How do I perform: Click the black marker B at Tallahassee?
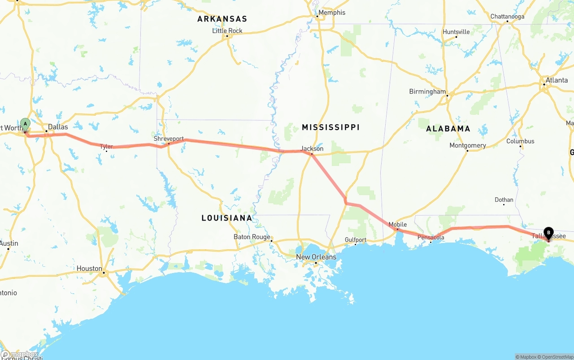[548, 233]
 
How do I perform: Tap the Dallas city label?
[58, 127]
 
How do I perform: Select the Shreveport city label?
[169, 139]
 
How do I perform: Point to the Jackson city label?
[312, 148]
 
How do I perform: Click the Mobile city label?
[398, 224]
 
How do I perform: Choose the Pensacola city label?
[430, 237]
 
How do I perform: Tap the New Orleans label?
[316, 257]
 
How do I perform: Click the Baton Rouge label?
[252, 237]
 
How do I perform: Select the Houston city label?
[89, 269]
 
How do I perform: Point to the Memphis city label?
[332, 13]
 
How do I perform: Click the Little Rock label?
[227, 30]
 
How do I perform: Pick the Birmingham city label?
[427, 91]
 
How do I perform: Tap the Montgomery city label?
[468, 145]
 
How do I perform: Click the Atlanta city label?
[557, 80]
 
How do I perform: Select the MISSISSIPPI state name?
[330, 127]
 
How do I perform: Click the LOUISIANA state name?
[227, 218]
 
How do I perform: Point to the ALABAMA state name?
[448, 129]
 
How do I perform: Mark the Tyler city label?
[106, 147]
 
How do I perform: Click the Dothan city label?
[504, 200]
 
